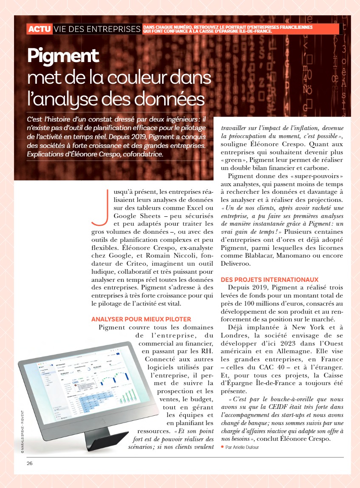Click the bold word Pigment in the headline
[x=63, y=56]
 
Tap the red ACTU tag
[x=40, y=29]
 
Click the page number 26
[x=29, y=463]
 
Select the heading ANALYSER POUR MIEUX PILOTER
[x=141, y=319]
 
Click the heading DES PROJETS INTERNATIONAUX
[x=269, y=280]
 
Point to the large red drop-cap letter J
[x=99, y=207]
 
